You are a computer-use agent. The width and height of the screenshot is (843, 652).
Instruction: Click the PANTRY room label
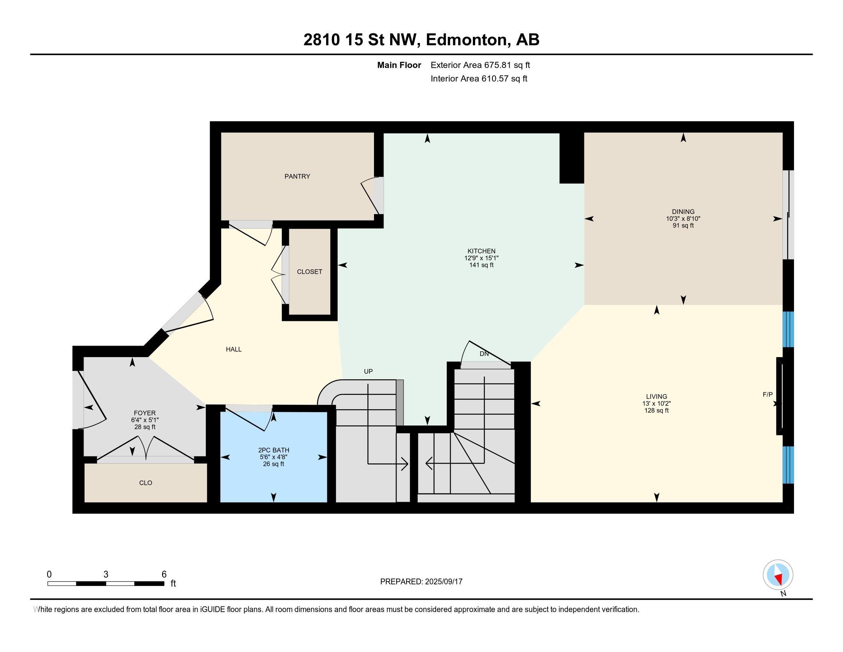(297, 176)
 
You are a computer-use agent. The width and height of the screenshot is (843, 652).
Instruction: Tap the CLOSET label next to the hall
(310, 272)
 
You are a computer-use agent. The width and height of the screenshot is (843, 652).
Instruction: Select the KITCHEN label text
(481, 251)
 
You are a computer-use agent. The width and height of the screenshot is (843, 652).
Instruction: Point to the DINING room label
(683, 212)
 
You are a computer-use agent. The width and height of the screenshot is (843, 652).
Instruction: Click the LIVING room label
(656, 397)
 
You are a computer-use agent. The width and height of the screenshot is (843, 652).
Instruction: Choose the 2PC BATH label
(274, 450)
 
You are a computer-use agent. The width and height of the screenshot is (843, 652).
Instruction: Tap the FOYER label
(145, 413)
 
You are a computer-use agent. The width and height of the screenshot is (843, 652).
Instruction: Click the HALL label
(233, 349)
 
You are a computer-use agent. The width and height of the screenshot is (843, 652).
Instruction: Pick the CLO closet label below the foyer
(146, 483)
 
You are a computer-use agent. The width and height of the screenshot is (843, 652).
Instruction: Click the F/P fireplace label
(768, 395)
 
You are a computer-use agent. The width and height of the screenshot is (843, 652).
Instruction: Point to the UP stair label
(368, 372)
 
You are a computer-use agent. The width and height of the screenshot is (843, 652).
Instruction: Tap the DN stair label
(484, 354)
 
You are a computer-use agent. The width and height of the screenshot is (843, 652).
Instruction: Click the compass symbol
(778, 575)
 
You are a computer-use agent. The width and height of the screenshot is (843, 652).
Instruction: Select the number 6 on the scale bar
(164, 575)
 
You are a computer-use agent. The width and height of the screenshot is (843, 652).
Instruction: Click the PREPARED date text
(421, 582)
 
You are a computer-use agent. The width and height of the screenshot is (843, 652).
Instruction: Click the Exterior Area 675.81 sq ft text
(480, 65)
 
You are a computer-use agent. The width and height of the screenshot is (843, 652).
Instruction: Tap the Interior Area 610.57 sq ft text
(479, 79)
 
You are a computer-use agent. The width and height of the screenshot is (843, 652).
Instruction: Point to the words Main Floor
(399, 65)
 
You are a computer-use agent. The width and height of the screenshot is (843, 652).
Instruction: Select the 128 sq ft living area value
(656, 411)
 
